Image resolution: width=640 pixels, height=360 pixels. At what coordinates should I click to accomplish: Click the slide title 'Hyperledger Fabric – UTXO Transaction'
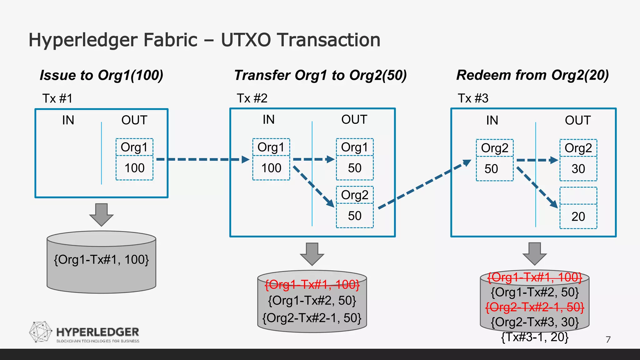(x=204, y=40)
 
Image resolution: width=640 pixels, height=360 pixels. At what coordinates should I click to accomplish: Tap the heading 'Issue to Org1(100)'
(x=101, y=75)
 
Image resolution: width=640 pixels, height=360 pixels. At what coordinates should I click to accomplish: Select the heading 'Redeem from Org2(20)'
(x=532, y=75)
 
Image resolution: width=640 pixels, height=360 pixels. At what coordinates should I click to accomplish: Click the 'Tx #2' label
(x=252, y=98)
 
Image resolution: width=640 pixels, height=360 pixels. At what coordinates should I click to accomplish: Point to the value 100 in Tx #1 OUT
(x=134, y=168)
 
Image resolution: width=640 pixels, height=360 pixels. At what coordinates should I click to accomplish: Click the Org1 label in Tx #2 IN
(x=271, y=147)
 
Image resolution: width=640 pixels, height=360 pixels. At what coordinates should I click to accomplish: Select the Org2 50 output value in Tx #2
(x=355, y=216)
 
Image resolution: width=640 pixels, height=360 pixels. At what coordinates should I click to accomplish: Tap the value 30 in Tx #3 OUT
(x=578, y=169)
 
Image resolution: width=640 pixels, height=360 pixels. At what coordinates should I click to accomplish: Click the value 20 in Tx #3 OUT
(x=578, y=217)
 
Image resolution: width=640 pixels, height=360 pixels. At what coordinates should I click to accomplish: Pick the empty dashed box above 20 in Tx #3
(x=578, y=196)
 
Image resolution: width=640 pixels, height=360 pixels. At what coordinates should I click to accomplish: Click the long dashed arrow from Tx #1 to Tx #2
(x=200, y=159)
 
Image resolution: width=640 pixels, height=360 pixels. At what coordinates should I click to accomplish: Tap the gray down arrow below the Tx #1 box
(x=101, y=215)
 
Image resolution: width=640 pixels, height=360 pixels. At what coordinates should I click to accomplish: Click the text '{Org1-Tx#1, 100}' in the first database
(x=101, y=260)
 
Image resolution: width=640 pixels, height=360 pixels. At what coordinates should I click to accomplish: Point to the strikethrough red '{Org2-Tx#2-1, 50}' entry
(x=535, y=307)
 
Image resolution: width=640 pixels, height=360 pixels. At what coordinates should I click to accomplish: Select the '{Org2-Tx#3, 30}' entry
(x=535, y=322)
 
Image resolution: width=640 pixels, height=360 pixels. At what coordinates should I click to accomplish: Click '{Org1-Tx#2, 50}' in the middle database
(x=312, y=301)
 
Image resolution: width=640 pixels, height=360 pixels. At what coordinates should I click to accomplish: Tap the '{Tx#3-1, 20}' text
(x=535, y=337)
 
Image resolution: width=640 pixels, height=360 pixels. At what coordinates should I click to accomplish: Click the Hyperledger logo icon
(x=41, y=332)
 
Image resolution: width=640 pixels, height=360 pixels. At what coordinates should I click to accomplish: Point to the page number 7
(x=608, y=339)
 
